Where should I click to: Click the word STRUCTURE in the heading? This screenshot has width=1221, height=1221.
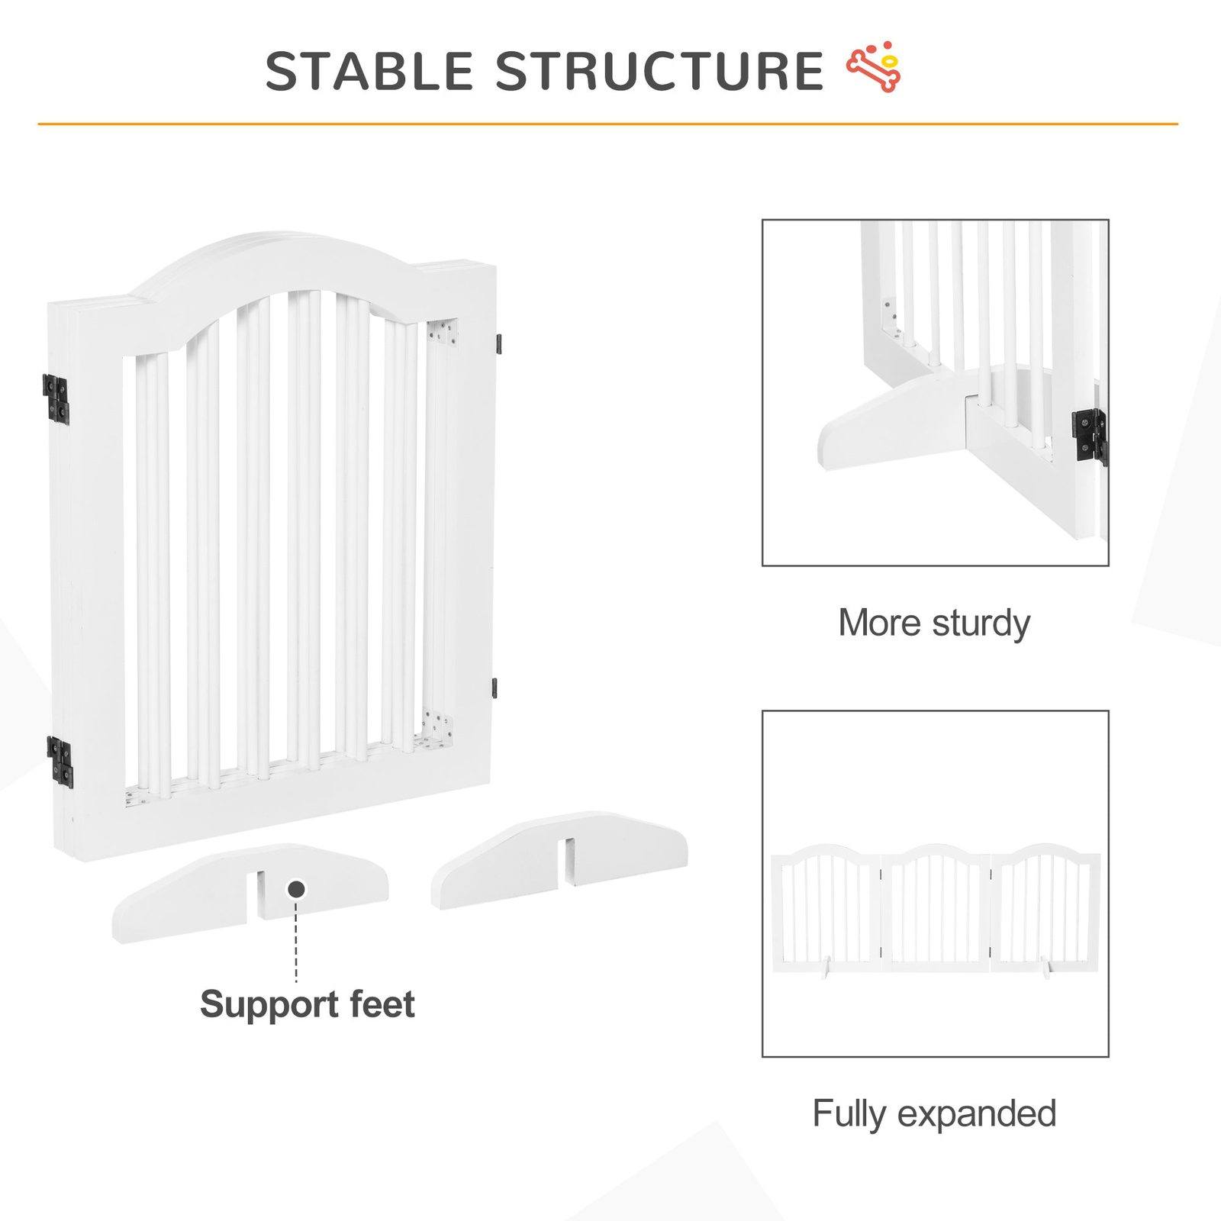pyautogui.click(x=659, y=72)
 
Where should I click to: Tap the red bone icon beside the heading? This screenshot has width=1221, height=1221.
pyautogui.click(x=875, y=71)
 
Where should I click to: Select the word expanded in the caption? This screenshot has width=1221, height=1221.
pyautogui.click(x=977, y=1115)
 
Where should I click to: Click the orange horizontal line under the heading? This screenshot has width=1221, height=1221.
pyautogui.click(x=607, y=124)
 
